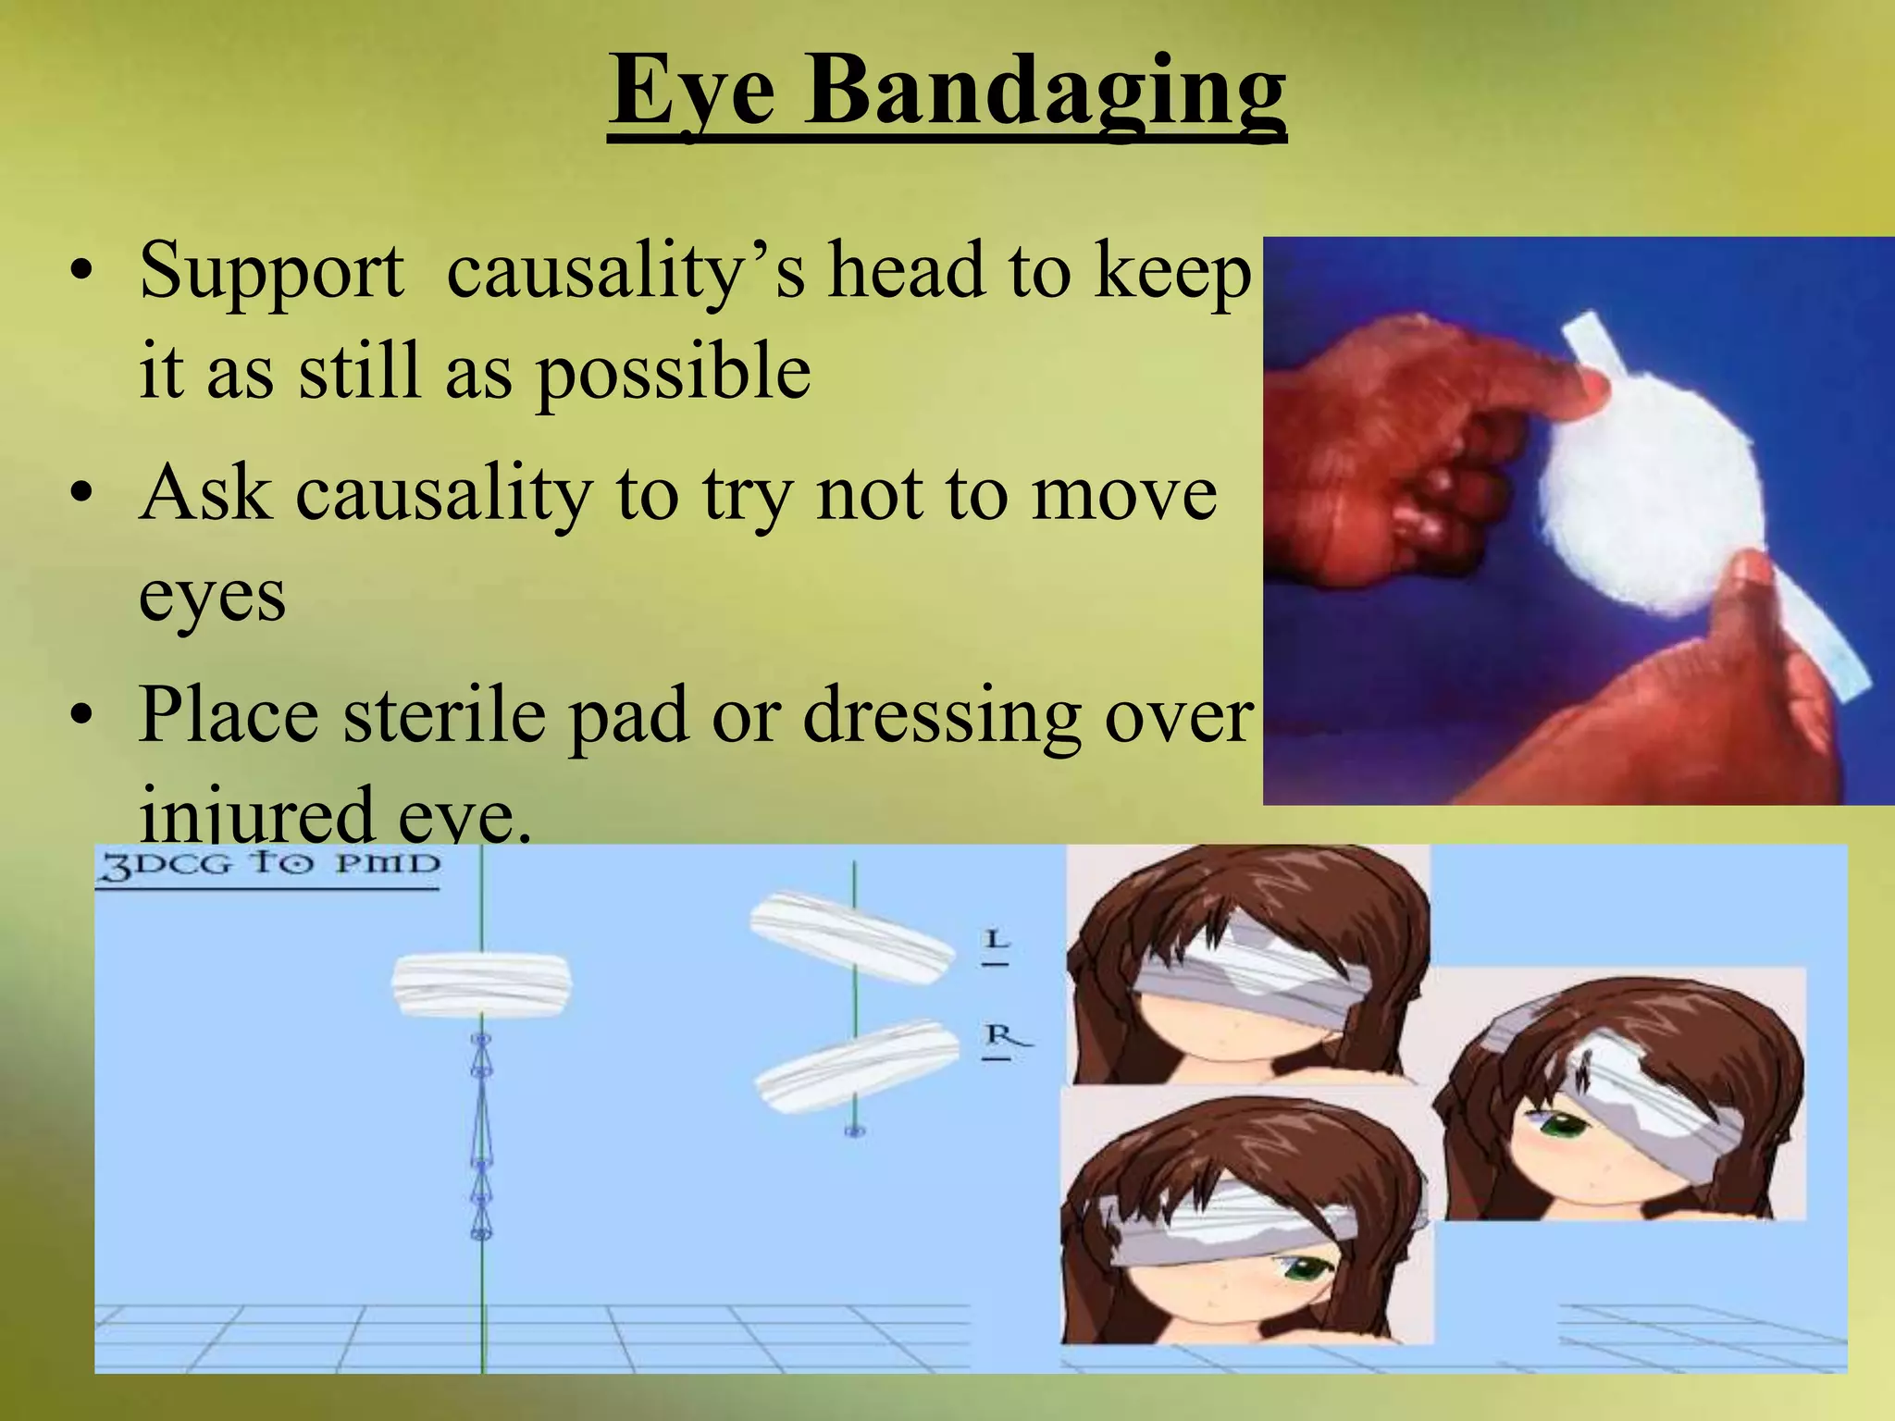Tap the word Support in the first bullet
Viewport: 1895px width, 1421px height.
coord(271,272)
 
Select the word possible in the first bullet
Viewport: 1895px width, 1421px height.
coord(674,372)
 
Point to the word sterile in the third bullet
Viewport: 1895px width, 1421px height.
coord(444,716)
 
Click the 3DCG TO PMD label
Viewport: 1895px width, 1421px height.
coord(268,866)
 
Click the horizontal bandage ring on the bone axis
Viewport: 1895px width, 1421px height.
coord(481,985)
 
